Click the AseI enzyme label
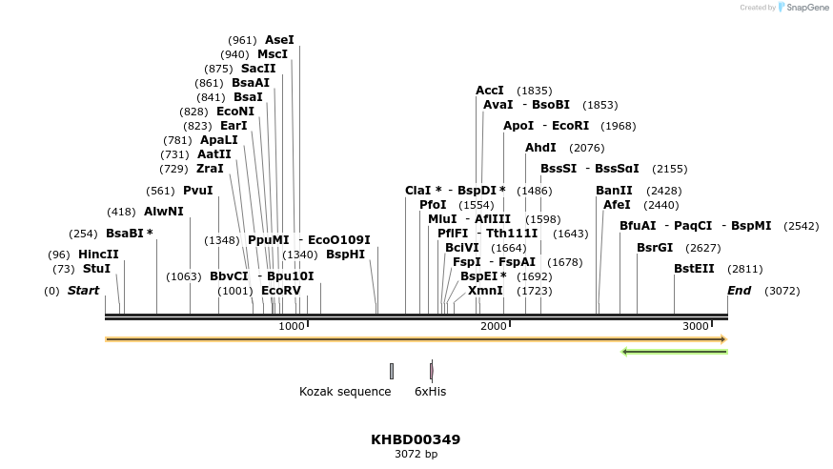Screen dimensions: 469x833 (279, 40)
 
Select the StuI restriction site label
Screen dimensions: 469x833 (96, 269)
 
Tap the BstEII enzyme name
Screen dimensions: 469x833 (694, 269)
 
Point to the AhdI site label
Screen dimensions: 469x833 (540, 148)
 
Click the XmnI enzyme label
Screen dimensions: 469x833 (485, 290)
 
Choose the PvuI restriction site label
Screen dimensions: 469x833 (198, 191)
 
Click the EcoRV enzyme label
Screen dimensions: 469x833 (280, 290)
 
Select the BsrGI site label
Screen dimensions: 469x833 (655, 247)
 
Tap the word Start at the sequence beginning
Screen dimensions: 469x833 (83, 290)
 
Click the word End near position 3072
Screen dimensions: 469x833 (739, 290)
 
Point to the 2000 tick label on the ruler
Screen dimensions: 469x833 (494, 326)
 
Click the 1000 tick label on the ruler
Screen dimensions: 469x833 (291, 326)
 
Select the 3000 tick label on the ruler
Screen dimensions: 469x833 (696, 326)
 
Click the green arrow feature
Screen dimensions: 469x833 (674, 352)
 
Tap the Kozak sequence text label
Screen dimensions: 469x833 (345, 391)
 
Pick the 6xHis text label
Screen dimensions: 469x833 (430, 391)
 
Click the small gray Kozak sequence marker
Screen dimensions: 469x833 (391, 371)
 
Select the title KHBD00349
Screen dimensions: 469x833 (416, 439)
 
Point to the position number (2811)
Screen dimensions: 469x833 (744, 269)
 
